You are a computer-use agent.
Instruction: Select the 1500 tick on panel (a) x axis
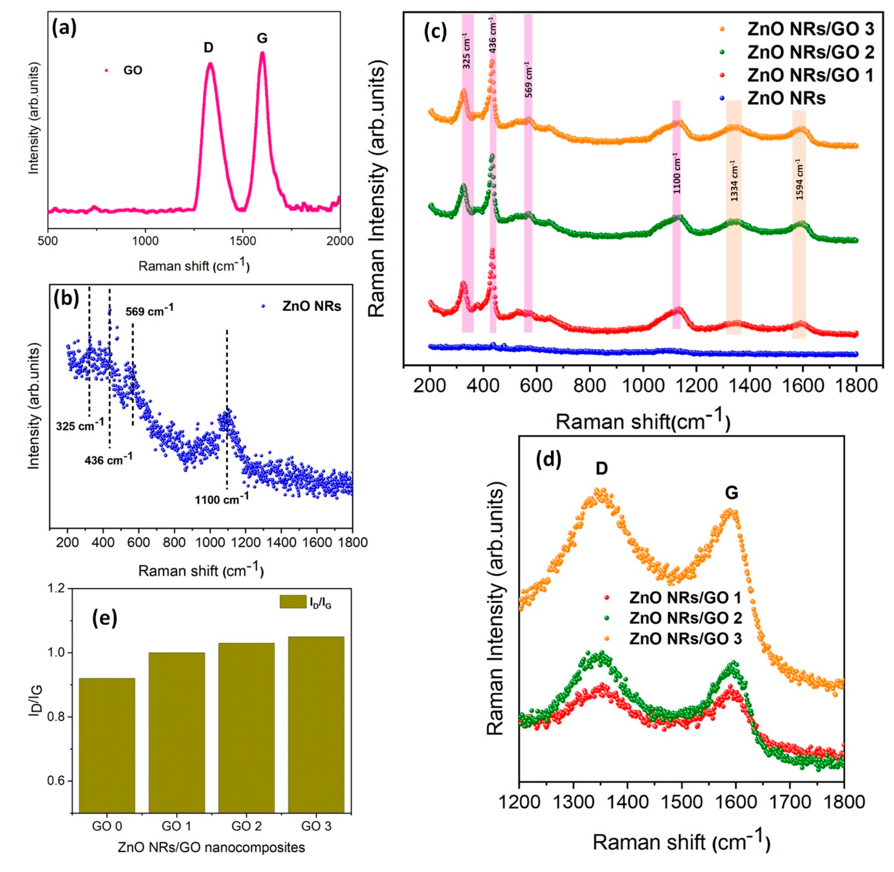[242, 241]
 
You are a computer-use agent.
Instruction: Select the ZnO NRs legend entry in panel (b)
[312, 306]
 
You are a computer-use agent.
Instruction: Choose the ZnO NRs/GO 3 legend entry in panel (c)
[810, 29]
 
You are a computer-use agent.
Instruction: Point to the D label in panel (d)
[602, 468]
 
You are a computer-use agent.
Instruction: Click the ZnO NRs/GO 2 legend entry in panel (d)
[685, 618]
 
